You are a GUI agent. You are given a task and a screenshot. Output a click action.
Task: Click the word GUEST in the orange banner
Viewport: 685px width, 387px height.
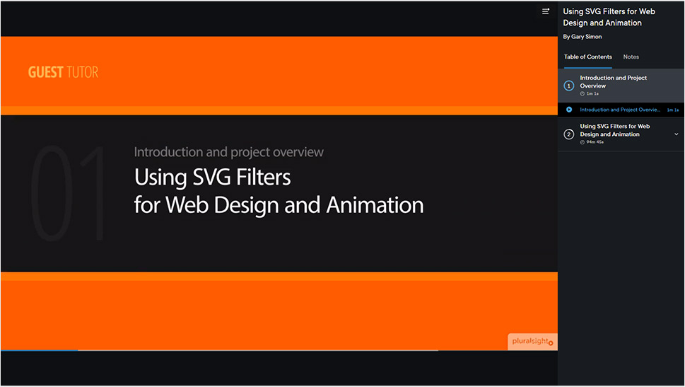click(x=45, y=72)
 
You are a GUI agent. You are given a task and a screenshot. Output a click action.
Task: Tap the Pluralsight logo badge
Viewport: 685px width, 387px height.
click(x=532, y=342)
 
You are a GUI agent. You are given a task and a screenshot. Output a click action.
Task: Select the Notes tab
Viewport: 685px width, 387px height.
click(x=631, y=57)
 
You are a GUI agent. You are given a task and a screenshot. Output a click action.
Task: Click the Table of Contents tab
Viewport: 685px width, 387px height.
click(x=588, y=57)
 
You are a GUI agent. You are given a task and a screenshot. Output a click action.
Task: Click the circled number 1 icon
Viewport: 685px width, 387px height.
click(x=569, y=86)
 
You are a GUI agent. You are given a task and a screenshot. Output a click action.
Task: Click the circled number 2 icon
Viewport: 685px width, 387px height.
click(x=569, y=134)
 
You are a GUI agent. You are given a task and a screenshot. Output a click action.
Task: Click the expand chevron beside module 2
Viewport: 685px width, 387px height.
click(x=677, y=134)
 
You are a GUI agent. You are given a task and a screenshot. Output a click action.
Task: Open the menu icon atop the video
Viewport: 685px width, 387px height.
click(x=546, y=11)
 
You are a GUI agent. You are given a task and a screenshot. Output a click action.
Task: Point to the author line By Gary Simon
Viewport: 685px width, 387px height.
click(x=582, y=37)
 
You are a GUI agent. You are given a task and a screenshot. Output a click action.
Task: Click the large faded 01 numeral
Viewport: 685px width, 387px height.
click(x=68, y=193)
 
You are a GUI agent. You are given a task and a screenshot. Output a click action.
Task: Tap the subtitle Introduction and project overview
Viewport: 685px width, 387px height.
click(x=229, y=152)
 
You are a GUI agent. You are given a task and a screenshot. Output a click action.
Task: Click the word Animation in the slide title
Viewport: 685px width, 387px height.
click(x=375, y=205)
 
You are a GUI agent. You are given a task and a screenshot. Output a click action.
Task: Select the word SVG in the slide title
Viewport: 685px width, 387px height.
click(x=211, y=177)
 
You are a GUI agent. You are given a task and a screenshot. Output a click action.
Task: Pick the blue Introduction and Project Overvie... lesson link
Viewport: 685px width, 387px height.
click(x=620, y=110)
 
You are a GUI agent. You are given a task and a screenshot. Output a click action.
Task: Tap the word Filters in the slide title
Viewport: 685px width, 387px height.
click(x=264, y=177)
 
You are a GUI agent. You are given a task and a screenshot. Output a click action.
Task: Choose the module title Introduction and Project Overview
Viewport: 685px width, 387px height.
click(x=614, y=82)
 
